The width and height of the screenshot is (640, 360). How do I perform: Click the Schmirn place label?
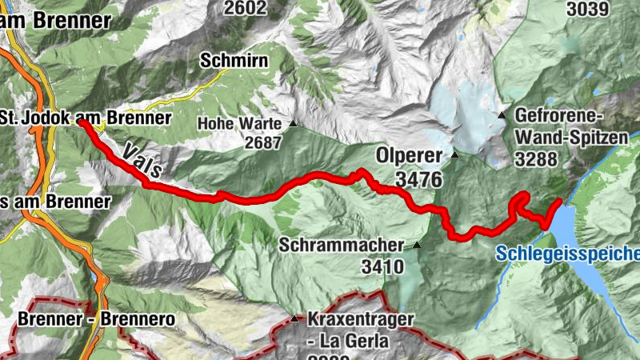point(233,61)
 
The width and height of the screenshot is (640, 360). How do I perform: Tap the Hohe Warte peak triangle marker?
point(293,123)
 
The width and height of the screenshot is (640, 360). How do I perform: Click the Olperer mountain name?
point(410,154)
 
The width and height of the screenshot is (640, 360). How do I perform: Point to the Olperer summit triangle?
point(454,154)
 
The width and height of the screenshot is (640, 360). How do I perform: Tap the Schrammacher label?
point(342,246)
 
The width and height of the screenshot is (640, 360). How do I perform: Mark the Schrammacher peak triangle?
point(416,246)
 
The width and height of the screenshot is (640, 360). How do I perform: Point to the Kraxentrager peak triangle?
point(294,319)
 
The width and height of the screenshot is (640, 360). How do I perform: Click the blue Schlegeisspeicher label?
point(567,254)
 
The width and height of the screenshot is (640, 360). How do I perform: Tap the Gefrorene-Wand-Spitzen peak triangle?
point(502,115)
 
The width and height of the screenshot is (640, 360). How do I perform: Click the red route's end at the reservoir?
point(558,204)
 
